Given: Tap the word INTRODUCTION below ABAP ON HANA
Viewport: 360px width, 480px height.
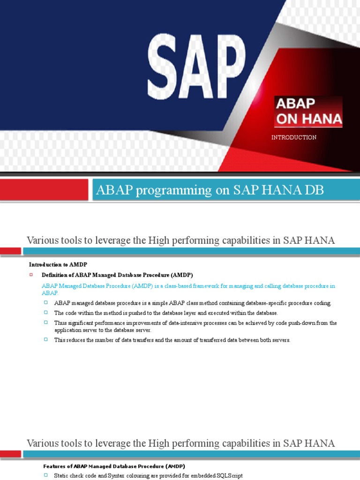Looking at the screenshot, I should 294,137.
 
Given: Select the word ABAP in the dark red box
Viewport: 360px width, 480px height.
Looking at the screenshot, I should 296,104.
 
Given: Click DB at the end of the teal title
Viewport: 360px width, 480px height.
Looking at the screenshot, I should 314,190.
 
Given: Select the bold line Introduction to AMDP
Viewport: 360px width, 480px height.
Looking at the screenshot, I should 58,264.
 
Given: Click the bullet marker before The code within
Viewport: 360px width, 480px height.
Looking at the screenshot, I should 46,313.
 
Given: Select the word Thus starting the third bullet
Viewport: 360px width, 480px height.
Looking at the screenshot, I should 60,323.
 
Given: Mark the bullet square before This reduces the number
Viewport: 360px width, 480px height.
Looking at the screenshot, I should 46,340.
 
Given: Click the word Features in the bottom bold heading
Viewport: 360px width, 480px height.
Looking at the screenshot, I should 55,466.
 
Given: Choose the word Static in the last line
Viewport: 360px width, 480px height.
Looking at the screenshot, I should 62,476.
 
